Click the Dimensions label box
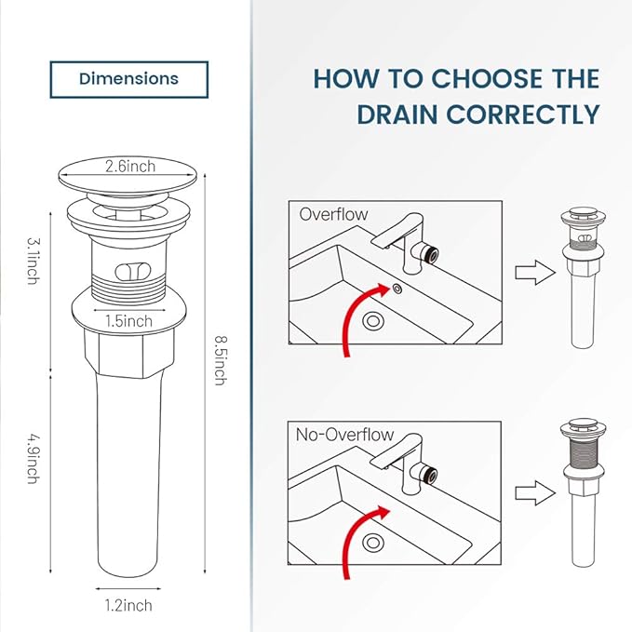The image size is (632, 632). coord(128,79)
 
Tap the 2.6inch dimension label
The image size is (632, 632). coord(129,168)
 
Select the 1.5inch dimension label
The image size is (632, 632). coord(129,321)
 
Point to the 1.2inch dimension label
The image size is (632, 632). coord(128,606)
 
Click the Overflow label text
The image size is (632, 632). coord(333,214)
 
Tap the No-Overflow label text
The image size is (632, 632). coord(344,435)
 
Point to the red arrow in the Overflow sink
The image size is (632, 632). coord(357,317)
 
